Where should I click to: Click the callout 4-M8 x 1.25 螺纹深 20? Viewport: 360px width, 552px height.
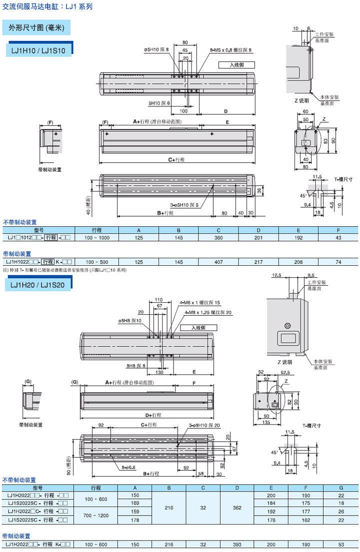pyautogui.click(x=208, y=313)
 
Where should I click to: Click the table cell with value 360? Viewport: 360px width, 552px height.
pyautogui.click(x=218, y=238)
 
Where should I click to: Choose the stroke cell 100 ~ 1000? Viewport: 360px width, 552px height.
pyautogui.click(x=97, y=238)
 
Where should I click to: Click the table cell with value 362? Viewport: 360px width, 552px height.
pyautogui.click(x=237, y=507)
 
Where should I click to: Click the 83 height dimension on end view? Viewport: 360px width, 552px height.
pyautogui.click(x=325, y=141)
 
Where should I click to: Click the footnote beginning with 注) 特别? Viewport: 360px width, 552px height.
pyautogui.click(x=65, y=270)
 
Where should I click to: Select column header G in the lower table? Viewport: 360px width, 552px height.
pyautogui.click(x=341, y=488)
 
